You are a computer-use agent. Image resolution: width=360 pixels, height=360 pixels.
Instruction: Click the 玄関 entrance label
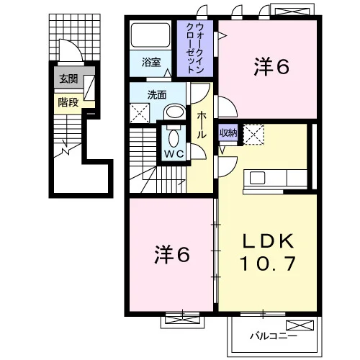(x=68, y=78)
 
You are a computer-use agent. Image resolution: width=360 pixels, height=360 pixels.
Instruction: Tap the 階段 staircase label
(x=68, y=102)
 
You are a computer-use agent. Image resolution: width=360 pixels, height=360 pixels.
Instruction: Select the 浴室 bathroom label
(x=151, y=62)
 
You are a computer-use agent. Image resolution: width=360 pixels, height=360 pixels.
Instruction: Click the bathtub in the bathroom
(x=150, y=35)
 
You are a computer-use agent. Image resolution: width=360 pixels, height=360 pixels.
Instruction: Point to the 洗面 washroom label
(x=157, y=95)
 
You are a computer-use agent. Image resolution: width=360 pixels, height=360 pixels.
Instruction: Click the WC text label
(x=174, y=154)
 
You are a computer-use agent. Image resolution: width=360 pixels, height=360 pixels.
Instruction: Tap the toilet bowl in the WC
(x=174, y=138)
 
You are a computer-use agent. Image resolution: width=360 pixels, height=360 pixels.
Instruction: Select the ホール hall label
(x=202, y=125)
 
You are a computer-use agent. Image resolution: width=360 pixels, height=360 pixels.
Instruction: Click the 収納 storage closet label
(x=228, y=132)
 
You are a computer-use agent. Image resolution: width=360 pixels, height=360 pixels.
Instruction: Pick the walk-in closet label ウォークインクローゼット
(x=195, y=48)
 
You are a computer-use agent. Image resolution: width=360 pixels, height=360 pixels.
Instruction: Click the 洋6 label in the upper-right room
(x=271, y=66)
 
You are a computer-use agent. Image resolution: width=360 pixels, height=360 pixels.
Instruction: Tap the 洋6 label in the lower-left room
(x=172, y=254)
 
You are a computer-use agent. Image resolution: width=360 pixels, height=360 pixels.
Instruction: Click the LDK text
(x=268, y=240)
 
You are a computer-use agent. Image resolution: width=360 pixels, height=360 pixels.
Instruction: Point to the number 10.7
(x=268, y=264)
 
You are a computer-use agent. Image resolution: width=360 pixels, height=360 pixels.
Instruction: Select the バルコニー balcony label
(x=274, y=336)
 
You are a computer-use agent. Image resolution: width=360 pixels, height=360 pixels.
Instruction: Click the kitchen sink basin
(x=258, y=178)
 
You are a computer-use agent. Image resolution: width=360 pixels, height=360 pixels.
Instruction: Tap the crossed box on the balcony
(x=300, y=325)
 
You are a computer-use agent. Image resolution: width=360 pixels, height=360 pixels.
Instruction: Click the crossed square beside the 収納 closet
(x=253, y=135)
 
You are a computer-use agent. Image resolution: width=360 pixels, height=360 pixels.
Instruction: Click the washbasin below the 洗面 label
(x=174, y=112)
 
